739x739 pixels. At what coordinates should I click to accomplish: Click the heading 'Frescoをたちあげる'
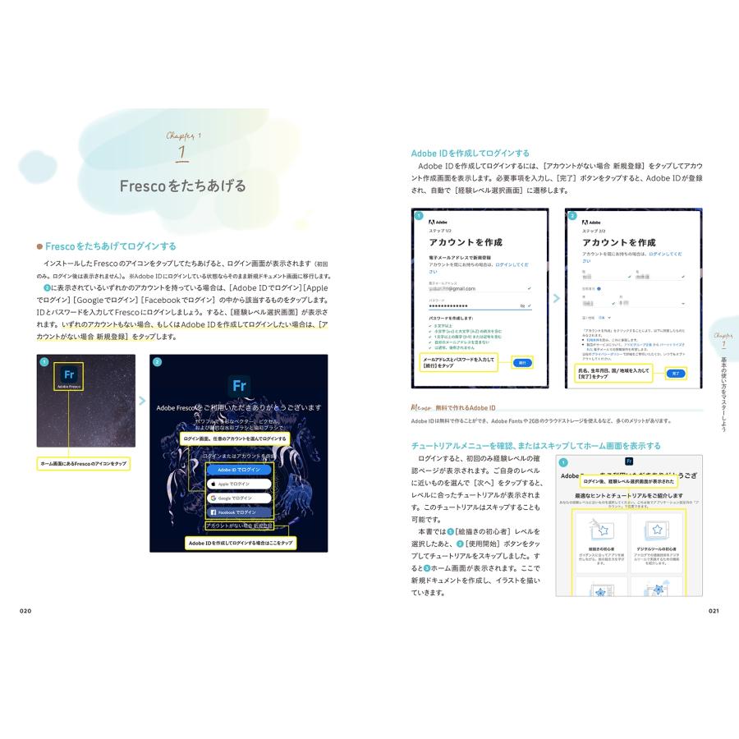[x=182, y=186]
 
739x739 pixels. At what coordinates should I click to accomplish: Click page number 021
[x=713, y=611]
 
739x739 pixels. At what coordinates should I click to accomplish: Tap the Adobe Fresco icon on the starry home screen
[x=70, y=376]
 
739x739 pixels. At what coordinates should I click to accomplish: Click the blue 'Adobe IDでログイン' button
[x=238, y=470]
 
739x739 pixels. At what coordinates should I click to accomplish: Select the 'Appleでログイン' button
[x=238, y=484]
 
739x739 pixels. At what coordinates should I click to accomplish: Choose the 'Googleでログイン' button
[x=238, y=498]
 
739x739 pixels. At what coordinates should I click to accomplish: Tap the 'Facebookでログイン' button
[x=238, y=512]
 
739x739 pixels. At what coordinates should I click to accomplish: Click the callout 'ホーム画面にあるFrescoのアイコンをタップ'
[x=85, y=464]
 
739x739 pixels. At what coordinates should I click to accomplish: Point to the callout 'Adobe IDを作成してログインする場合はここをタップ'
[x=240, y=543]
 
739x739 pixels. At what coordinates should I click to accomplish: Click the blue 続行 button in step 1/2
[x=521, y=362]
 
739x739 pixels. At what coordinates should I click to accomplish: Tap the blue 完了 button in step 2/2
[x=675, y=373]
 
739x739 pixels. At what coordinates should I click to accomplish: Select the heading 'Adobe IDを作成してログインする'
[x=470, y=153]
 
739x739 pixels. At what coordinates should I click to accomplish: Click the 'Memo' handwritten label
[x=425, y=407]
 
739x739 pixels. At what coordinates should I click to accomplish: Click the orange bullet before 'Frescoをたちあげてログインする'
[x=39, y=246]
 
